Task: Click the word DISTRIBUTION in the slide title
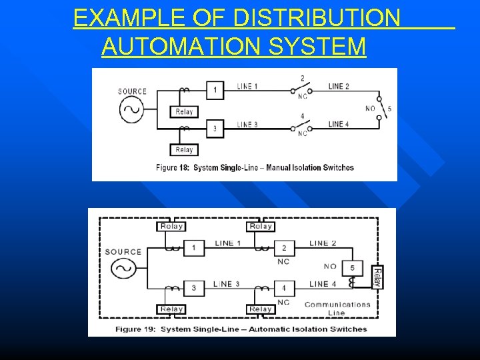pyautogui.click(x=317, y=18)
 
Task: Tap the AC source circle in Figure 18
pyautogui.click(x=132, y=110)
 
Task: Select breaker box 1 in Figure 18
pyautogui.click(x=215, y=90)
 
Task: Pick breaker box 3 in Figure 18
pyautogui.click(x=215, y=129)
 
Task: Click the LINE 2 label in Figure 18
pyautogui.click(x=339, y=86)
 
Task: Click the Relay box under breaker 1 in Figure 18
pyautogui.click(x=184, y=112)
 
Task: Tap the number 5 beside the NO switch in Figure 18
pyautogui.click(x=389, y=108)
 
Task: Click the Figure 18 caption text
pyautogui.click(x=255, y=167)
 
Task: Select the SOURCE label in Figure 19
pyautogui.click(x=123, y=251)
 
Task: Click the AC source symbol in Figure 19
pyautogui.click(x=123, y=269)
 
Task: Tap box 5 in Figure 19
pyautogui.click(x=353, y=269)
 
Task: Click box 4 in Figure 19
pyautogui.click(x=283, y=288)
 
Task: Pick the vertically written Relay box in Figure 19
pyautogui.click(x=376, y=277)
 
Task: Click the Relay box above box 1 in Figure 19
pyautogui.click(x=171, y=226)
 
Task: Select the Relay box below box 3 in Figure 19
pyautogui.click(x=171, y=309)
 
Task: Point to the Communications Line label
pyautogui.click(x=337, y=309)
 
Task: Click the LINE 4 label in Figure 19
pyautogui.click(x=328, y=285)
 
